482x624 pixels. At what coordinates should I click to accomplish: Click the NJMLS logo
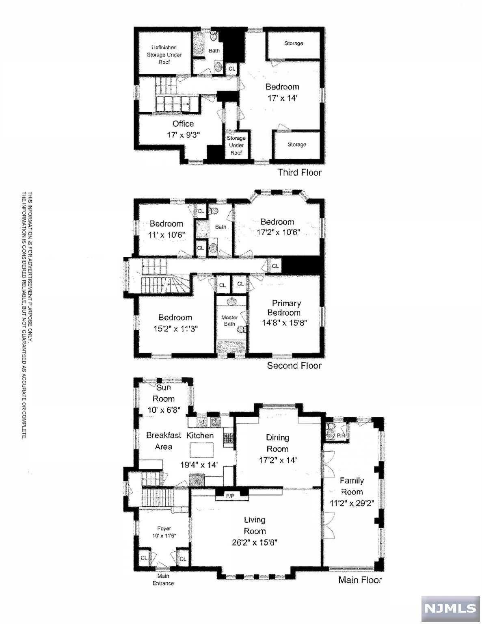[x=450, y=609]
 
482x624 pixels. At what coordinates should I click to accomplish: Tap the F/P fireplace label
[x=230, y=496]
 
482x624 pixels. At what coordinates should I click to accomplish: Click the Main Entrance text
[x=163, y=579]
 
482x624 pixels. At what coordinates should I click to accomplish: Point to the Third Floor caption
[x=299, y=172]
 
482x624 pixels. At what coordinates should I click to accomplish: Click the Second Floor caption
[x=294, y=365]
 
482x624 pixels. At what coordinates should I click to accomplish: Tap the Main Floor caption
[x=360, y=580]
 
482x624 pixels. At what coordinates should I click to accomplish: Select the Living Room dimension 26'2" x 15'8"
[x=255, y=542]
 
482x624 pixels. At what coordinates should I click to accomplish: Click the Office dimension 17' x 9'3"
[x=183, y=135]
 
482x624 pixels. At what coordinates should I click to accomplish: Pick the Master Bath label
[x=229, y=321]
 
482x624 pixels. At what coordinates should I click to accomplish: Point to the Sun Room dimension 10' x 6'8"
[x=164, y=410]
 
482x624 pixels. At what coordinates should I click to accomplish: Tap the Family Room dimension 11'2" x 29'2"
[x=352, y=503]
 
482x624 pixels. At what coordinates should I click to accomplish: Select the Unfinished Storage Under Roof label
[x=164, y=54]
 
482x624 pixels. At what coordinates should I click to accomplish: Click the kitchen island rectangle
[x=202, y=450]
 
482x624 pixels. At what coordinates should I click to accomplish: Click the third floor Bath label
[x=214, y=50]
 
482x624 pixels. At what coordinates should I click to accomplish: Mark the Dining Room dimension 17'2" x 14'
[x=277, y=460]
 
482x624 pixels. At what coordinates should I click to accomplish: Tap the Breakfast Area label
[x=164, y=441]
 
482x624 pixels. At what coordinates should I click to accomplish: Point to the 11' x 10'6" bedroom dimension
[x=166, y=235]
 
